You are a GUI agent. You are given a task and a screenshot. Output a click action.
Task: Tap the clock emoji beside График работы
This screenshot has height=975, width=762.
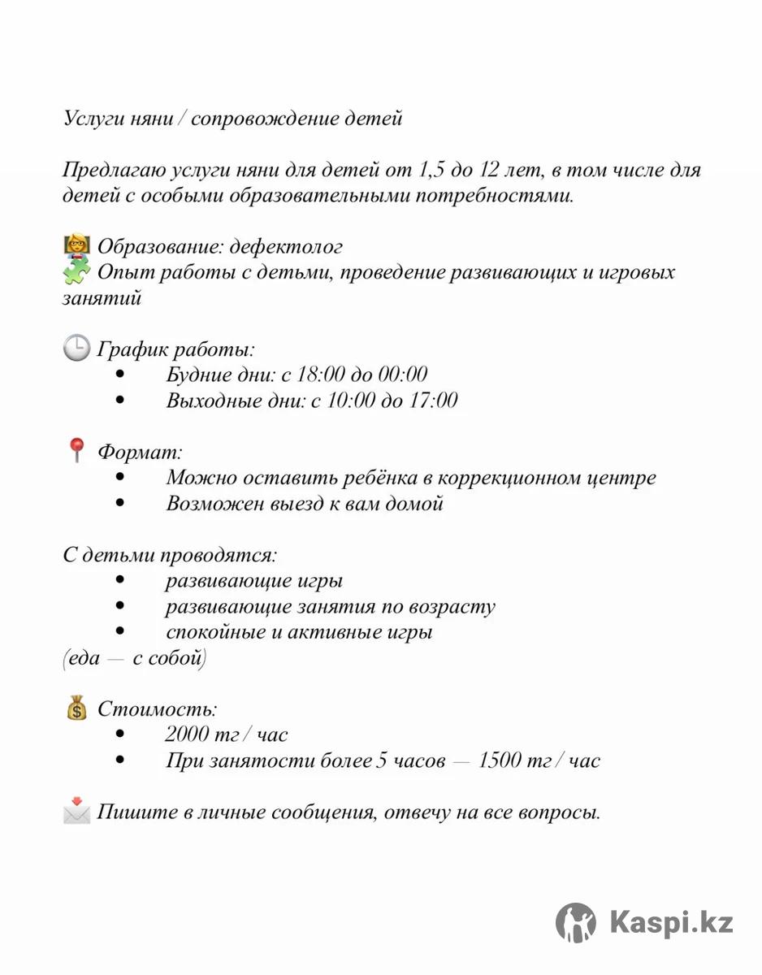pos(76,349)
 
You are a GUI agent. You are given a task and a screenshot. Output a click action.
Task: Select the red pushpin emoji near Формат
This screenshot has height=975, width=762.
pos(76,451)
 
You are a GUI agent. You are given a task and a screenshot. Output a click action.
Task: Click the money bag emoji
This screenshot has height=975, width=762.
pos(76,708)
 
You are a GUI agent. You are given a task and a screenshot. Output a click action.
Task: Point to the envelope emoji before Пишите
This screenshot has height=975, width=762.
pos(76,812)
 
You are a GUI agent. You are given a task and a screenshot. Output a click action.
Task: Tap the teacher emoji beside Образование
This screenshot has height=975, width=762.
pos(76,245)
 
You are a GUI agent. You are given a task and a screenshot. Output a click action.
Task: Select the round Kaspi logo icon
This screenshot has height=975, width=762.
pos(576,922)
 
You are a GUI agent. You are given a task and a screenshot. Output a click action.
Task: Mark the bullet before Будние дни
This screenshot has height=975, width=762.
pos(121,375)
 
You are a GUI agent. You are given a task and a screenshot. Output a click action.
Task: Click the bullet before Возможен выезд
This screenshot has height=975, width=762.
pos(121,503)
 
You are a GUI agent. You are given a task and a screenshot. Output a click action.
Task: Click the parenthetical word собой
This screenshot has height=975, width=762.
pos(175,658)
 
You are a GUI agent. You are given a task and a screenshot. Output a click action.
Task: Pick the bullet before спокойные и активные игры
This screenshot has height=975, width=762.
pos(121,631)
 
